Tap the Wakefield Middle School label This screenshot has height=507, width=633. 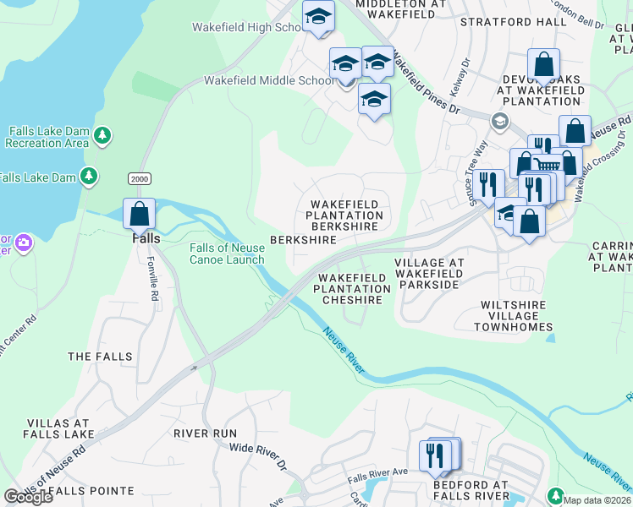pyautogui.click(x=268, y=81)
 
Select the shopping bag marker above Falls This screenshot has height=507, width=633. pyautogui.click(x=140, y=214)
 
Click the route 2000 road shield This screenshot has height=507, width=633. pyautogui.click(x=139, y=178)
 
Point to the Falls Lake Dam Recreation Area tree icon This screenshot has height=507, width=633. pyautogui.click(x=102, y=135)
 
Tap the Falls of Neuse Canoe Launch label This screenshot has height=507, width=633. pyautogui.click(x=227, y=253)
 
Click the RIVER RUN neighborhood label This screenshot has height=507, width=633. pyautogui.click(x=206, y=433)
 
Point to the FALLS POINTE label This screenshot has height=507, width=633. pyautogui.click(x=91, y=490)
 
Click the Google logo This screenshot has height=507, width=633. pyautogui.click(x=27, y=496)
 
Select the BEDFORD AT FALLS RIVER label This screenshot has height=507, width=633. pyautogui.click(x=471, y=490)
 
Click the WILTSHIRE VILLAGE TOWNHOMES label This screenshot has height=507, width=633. pyautogui.click(x=516, y=315)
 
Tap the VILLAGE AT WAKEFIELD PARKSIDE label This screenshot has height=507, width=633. pyautogui.click(x=430, y=274)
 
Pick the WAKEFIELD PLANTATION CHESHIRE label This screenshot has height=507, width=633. pyautogui.click(x=354, y=288)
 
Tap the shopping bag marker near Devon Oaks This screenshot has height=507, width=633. pyautogui.click(x=543, y=65)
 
